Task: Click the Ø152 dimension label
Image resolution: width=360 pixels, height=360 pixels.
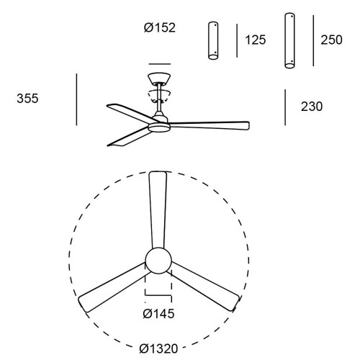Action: (x=160, y=27)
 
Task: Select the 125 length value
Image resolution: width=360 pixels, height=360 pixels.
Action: (x=256, y=40)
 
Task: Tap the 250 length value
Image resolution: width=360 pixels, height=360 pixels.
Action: (x=331, y=40)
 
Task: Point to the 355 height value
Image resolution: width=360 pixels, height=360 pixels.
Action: (x=27, y=99)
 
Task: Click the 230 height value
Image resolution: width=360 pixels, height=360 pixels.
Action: (x=312, y=107)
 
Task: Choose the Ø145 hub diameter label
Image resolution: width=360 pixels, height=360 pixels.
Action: (x=158, y=313)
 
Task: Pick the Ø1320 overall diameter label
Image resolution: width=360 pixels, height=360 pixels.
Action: (x=158, y=348)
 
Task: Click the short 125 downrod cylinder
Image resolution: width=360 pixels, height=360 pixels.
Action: (x=213, y=40)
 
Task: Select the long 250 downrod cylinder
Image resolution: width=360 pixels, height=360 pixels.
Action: (x=289, y=40)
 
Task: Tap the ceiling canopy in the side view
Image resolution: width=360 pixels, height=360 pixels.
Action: (x=159, y=78)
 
